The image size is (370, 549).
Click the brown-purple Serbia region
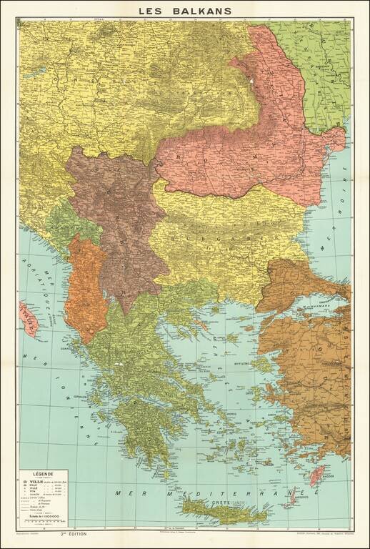click(x=118, y=214)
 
